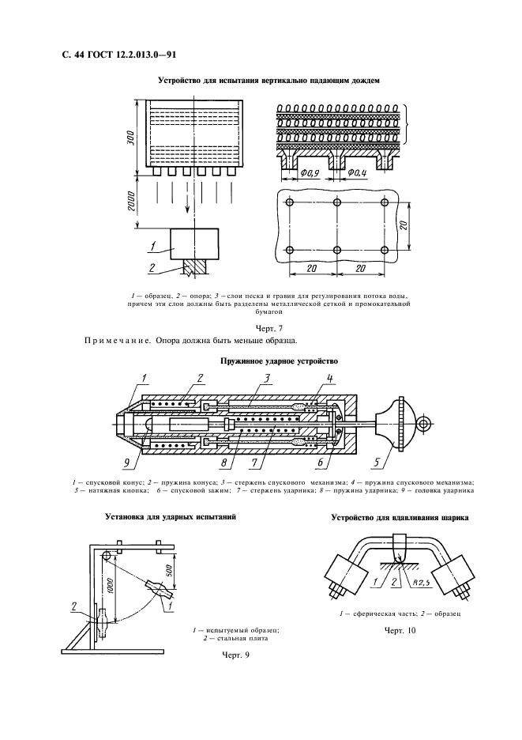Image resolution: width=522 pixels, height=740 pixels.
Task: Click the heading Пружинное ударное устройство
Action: pos(269,361)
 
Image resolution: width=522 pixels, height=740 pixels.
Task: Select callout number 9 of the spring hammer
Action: pos(129,463)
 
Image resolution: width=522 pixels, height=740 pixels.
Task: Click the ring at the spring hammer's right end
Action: pos(425,425)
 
